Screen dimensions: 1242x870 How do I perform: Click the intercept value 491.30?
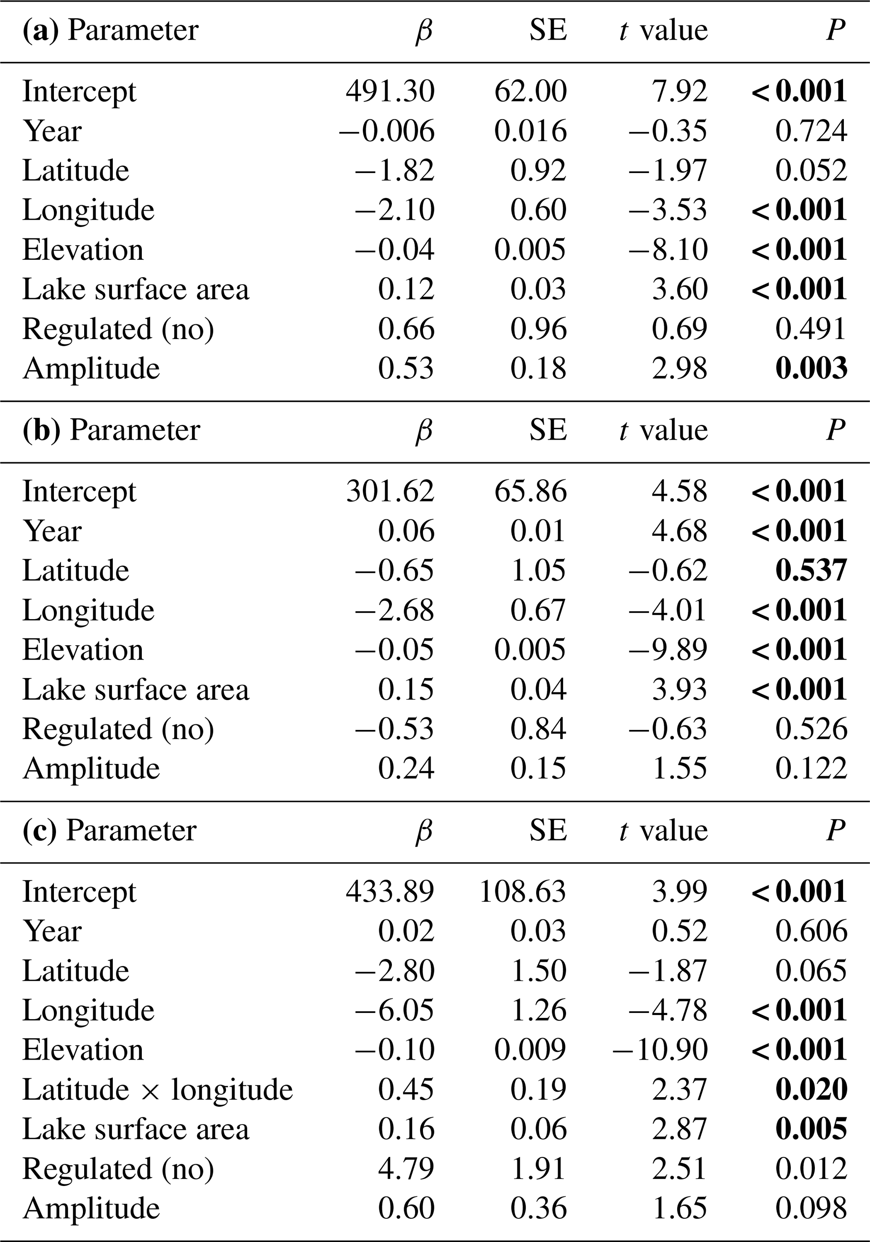(x=390, y=91)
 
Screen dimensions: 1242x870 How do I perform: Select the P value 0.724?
(x=811, y=131)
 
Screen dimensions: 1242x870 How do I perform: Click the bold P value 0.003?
(x=811, y=369)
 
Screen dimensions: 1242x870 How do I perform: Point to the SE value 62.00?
(x=530, y=91)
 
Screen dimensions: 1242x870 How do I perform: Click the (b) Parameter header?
(x=111, y=430)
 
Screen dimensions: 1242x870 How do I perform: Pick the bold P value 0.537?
(x=811, y=571)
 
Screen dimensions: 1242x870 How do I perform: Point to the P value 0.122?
(x=811, y=769)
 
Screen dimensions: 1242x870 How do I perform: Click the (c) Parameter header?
(x=109, y=831)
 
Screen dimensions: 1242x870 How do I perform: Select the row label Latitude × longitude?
(x=157, y=1090)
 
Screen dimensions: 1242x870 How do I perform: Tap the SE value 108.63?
(x=522, y=892)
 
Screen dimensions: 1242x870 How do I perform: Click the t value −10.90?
(x=660, y=1050)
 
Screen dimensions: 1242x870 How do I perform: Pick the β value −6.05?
(x=394, y=1010)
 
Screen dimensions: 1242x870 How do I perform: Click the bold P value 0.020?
(x=811, y=1090)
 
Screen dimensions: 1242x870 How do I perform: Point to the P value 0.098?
(x=811, y=1208)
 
